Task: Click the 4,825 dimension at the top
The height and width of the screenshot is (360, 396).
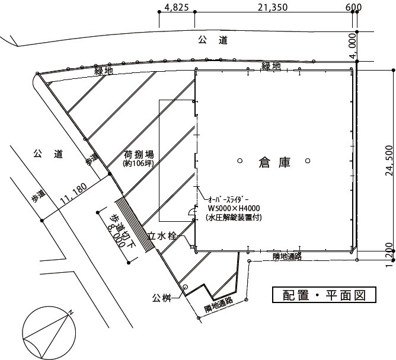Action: coord(177,7)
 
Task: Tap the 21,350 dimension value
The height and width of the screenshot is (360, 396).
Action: coord(273,7)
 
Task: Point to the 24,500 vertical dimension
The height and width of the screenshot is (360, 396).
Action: coord(389,161)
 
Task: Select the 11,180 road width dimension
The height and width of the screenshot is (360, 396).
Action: coord(74,193)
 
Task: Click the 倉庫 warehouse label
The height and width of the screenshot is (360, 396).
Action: coord(274,163)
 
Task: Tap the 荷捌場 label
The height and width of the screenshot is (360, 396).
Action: coord(139,154)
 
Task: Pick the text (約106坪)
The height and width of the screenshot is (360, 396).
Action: coord(138,163)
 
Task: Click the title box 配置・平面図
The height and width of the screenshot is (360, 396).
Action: coord(324,295)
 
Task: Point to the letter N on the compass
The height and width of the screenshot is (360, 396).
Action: coord(71,312)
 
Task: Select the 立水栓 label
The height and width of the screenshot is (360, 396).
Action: coord(162,236)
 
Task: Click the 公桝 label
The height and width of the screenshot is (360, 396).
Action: coord(162,298)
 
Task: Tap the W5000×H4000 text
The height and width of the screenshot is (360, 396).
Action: coord(234,208)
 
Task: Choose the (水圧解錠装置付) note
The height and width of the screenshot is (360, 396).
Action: coord(234,217)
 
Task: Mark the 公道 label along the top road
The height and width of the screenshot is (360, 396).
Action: coord(213,40)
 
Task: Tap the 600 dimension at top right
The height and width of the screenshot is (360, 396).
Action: coord(353,7)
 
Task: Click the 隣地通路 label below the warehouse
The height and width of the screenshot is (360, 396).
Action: coord(287,257)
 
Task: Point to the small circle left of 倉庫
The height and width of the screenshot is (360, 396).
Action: coord(240,161)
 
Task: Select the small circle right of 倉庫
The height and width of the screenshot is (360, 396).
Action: coord(308,161)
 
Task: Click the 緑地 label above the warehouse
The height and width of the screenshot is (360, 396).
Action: coord(271,66)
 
